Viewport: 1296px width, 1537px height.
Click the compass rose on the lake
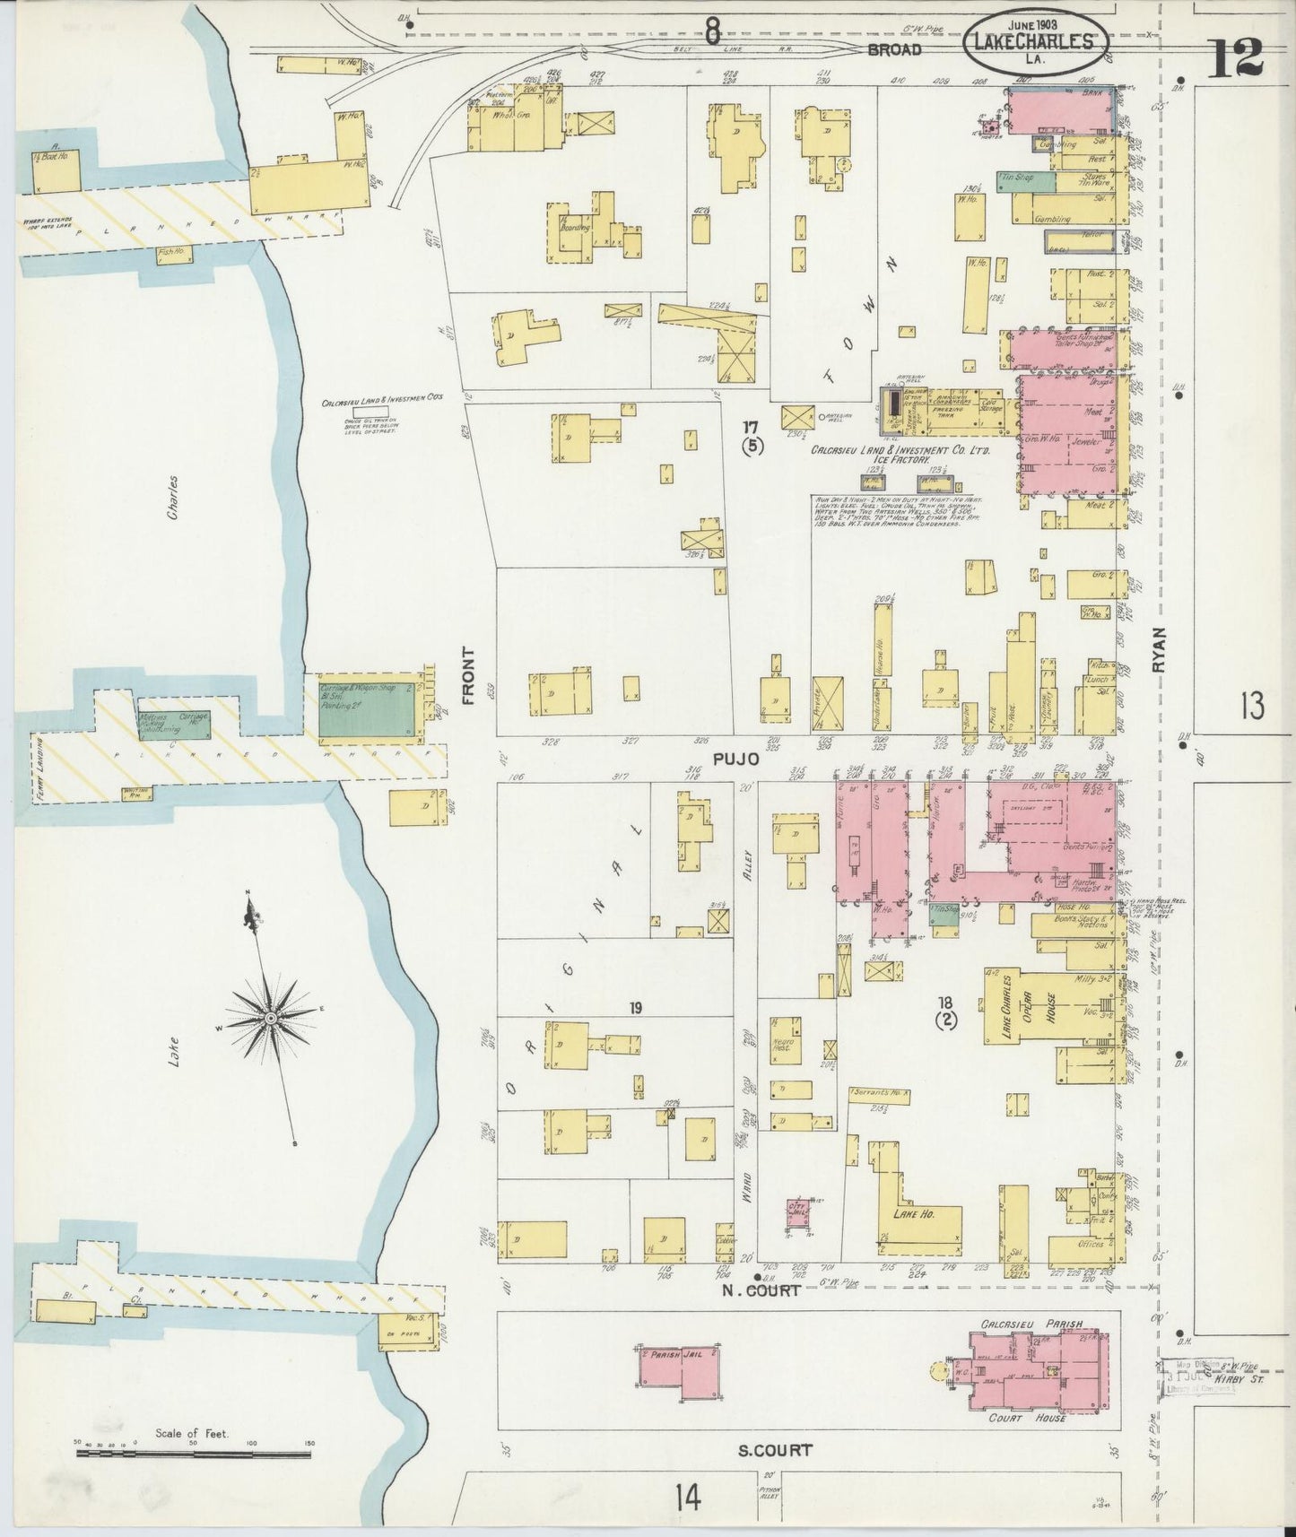tap(270, 1020)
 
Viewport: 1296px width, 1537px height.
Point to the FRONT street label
tap(467, 675)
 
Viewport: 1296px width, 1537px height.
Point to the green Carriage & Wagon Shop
tap(370, 706)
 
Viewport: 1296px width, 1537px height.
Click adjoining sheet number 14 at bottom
tap(687, 1497)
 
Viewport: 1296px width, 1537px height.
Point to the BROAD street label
tap(894, 49)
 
